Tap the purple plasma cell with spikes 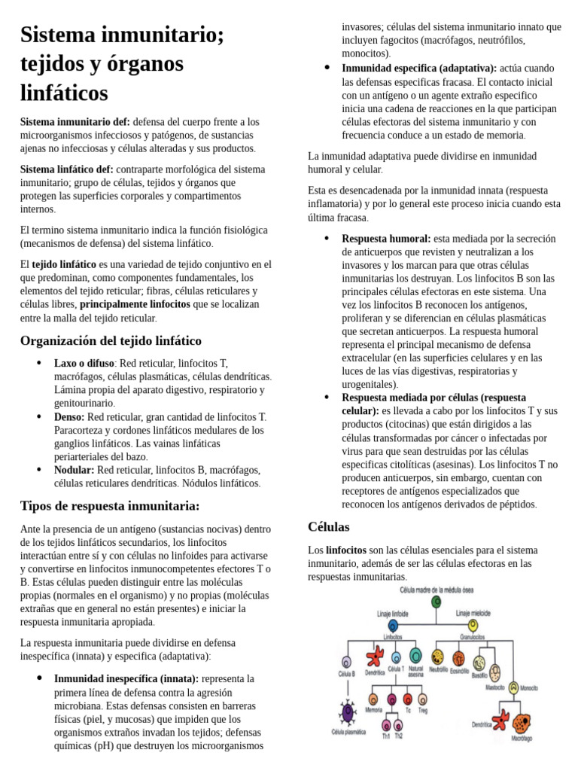348,712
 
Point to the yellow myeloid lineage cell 473,625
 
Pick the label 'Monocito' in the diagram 529,688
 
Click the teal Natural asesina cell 415,654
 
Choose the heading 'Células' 329,526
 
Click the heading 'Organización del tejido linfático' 111,341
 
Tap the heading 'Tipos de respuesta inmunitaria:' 110,505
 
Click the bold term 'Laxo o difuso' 84,363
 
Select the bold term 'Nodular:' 74,469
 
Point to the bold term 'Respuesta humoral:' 386,239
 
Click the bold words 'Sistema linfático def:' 67,169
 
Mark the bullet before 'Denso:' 39,416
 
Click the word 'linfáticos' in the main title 64,93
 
